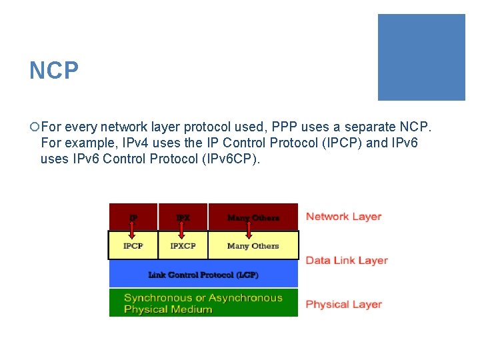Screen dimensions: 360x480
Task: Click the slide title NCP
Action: coord(54,70)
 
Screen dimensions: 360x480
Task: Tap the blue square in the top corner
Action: coord(421,57)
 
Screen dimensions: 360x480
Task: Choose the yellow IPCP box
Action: coord(133,246)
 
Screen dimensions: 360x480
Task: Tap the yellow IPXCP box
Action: coord(183,246)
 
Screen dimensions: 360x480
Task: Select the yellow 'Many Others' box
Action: coord(253,246)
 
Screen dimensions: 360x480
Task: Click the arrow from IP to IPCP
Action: coord(133,229)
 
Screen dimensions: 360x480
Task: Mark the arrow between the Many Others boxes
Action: coord(249,229)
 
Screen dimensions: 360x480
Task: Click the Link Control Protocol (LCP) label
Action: coord(203,275)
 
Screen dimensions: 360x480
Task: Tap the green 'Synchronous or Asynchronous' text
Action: coord(203,298)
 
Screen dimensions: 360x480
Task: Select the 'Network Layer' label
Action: coord(343,217)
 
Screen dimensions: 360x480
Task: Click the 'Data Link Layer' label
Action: coord(347,261)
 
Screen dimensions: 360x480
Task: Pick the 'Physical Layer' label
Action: coord(343,305)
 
